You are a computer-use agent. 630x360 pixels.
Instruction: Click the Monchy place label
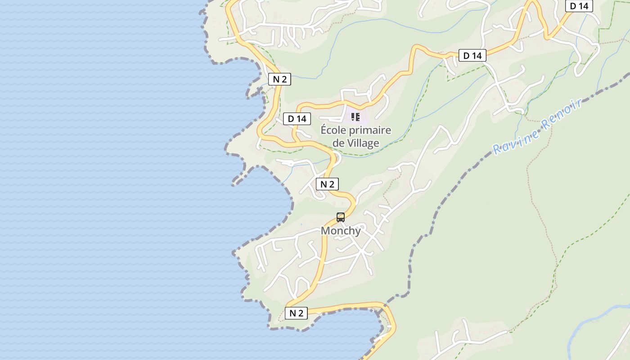341,231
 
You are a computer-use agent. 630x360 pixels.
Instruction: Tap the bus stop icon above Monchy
341,217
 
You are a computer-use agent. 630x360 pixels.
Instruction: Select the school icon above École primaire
355,117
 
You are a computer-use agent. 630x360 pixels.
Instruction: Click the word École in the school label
332,130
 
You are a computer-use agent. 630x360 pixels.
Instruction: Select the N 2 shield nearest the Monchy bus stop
327,184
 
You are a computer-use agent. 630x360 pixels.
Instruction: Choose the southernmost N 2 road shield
296,313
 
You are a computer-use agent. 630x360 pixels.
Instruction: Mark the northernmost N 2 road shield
279,79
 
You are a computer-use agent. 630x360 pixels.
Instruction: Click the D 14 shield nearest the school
297,119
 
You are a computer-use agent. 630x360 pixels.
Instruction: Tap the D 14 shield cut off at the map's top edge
579,6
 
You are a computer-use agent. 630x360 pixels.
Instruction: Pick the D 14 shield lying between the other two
472,55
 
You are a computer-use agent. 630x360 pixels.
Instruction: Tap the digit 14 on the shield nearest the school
301,119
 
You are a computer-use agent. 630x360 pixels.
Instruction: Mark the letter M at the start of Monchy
325,231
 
